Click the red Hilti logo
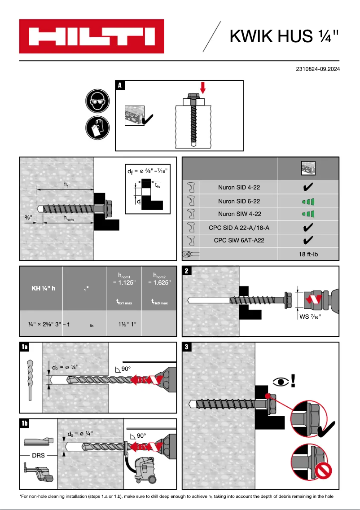coord(92,36)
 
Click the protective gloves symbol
coord(97,127)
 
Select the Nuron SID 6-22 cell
coord(239,201)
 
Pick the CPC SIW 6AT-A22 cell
coord(239,240)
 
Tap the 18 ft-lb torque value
coord(308,254)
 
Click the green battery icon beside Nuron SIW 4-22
coord(308,214)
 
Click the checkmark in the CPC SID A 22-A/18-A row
coord(308,227)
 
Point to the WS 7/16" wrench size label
coord(310,317)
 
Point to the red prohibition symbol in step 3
coord(322,472)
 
